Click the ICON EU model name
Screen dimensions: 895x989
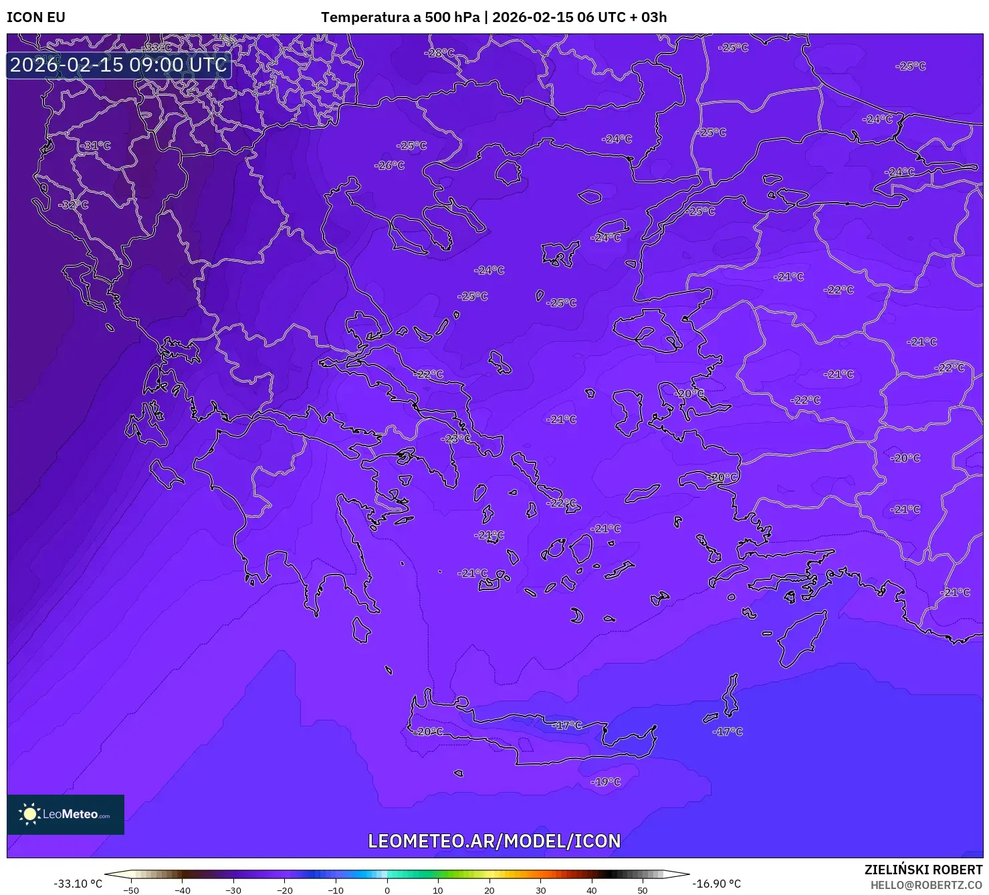click(x=36, y=17)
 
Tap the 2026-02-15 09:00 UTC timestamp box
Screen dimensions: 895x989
click(x=118, y=65)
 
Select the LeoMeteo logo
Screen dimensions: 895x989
click(x=66, y=814)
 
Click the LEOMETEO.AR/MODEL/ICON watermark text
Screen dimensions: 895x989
click(x=494, y=841)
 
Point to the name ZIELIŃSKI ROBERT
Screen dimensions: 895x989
click(x=923, y=870)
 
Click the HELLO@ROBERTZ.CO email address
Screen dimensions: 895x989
click(x=926, y=885)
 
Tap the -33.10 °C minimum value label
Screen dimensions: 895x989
click(x=78, y=884)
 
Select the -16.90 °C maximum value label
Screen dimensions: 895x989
click(x=716, y=884)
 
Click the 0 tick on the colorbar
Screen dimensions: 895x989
click(x=387, y=890)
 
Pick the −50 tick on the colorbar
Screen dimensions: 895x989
click(x=131, y=890)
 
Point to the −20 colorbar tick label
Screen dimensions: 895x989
click(x=285, y=890)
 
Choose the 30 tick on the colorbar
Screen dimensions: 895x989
click(x=540, y=890)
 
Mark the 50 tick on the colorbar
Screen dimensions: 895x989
click(x=643, y=890)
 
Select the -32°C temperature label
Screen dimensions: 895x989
click(x=74, y=205)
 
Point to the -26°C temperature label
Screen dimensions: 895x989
click(x=389, y=165)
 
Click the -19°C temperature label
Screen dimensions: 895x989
click(x=606, y=782)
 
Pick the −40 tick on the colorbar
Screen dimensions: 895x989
click(x=183, y=890)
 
